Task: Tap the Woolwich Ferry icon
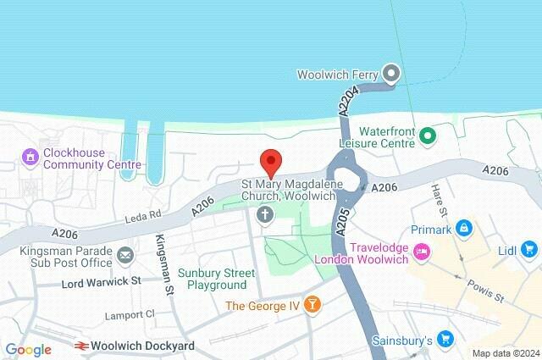pos(390,74)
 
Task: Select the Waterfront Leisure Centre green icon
pos(428,135)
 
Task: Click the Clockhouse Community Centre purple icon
pos(30,156)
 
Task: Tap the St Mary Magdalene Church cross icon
pos(265,215)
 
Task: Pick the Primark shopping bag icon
pos(463,228)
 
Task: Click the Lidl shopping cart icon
pos(530,249)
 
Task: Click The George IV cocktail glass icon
pos(312,303)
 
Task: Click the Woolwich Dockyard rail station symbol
pos(82,346)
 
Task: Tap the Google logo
pos(29,349)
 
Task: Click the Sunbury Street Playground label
pos(212,280)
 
